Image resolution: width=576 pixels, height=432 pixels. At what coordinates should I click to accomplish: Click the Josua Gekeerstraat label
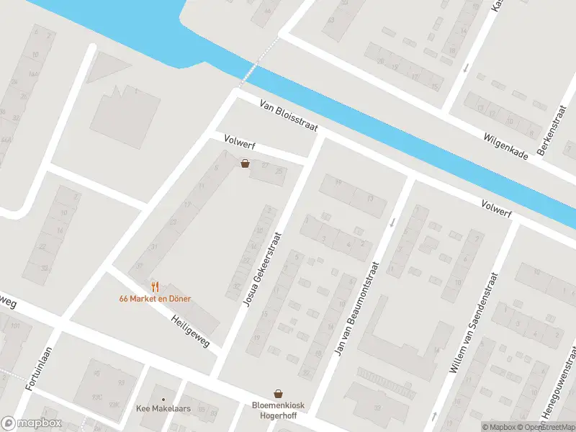point(260,269)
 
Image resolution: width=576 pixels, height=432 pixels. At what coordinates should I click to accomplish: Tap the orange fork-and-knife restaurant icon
point(155,287)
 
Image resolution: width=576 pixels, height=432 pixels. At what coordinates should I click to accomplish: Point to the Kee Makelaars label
point(163,409)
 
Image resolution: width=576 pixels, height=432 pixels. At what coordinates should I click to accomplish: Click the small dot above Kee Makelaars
point(163,399)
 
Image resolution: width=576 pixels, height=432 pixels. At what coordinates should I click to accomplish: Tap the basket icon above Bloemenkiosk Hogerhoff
point(278,393)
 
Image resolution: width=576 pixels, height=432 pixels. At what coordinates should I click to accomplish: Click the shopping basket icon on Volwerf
point(246,163)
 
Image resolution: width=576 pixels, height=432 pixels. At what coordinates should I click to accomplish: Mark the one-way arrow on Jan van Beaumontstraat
point(392,222)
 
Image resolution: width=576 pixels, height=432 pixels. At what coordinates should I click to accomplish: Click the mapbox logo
point(31,423)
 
